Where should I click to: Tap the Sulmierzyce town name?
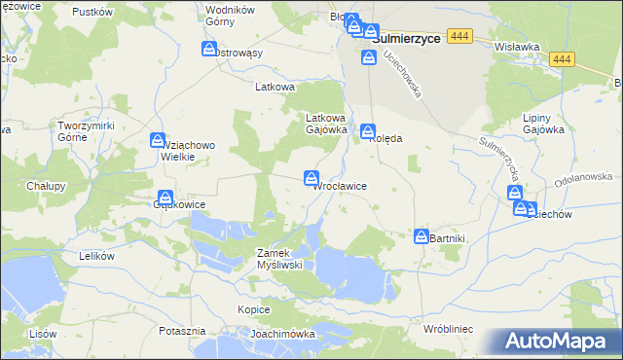pos(408,38)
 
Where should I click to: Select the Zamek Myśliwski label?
pos(280,259)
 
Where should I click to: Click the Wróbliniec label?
pos(448,330)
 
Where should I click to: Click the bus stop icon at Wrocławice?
pos(311,178)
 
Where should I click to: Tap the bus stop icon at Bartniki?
pos(421,236)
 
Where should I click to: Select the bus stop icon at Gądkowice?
pos(165,198)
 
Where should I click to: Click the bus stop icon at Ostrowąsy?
pos(209,49)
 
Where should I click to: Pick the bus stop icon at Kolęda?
pos(368,131)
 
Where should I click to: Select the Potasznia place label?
pos(181,332)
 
